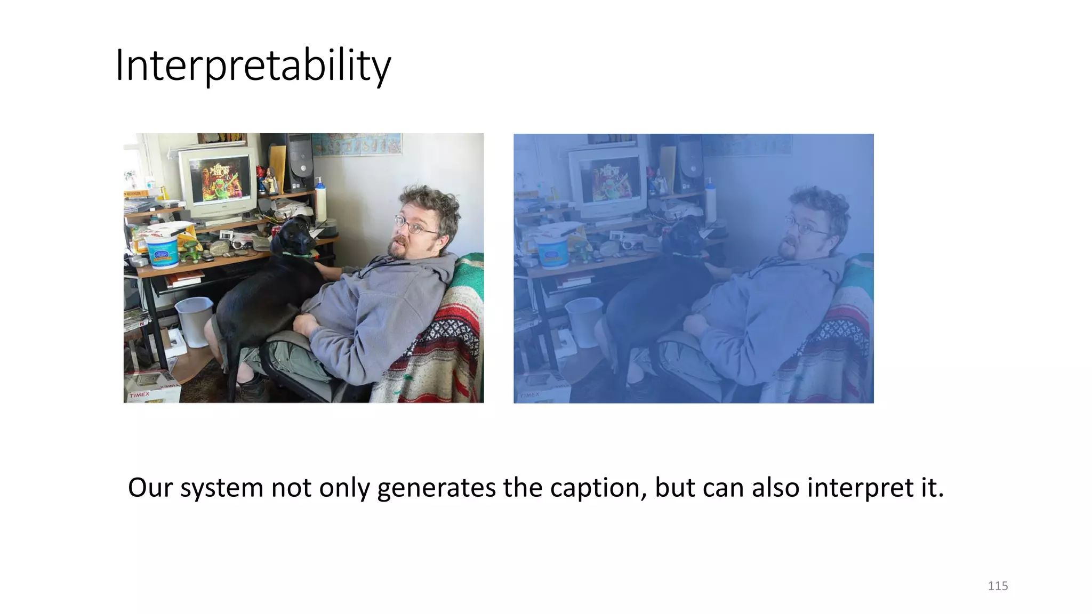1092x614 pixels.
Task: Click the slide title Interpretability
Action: [253, 65]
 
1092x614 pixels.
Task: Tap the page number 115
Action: [997, 586]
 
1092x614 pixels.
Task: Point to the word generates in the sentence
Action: [436, 488]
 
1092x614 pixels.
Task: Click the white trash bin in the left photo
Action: [194, 320]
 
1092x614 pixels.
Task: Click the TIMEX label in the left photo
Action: [140, 395]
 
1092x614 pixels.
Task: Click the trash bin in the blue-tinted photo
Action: [584, 320]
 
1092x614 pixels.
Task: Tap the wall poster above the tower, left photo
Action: [356, 144]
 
